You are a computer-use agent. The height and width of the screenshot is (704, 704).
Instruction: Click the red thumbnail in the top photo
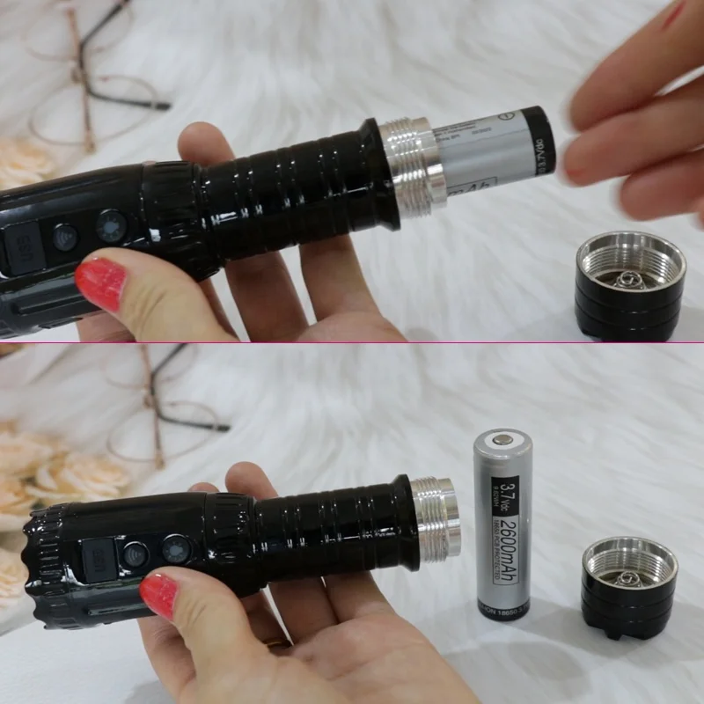[100, 283]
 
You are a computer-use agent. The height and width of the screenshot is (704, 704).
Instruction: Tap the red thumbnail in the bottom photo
[159, 594]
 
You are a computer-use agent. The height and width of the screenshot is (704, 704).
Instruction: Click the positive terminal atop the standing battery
[504, 436]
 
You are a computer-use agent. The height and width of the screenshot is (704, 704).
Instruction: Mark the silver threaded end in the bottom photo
[436, 518]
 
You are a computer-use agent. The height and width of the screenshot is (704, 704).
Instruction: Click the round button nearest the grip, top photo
[111, 226]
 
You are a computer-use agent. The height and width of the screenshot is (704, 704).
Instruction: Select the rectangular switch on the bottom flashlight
[97, 561]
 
